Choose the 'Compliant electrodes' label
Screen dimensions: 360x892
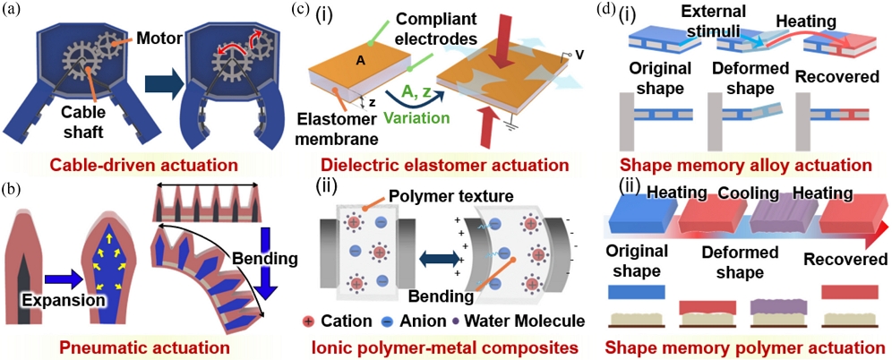pyautogui.click(x=433, y=28)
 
